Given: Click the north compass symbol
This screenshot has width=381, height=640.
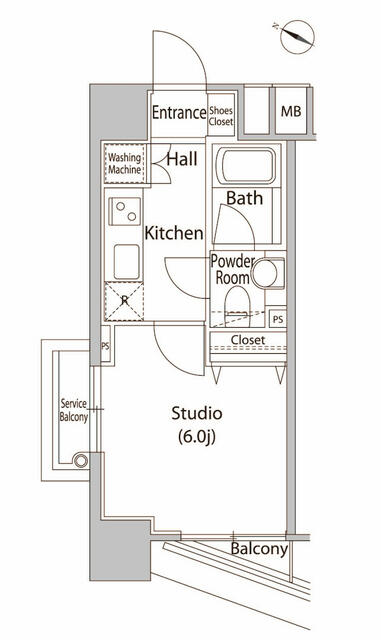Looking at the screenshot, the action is (x=298, y=37).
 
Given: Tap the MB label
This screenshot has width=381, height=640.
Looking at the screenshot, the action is (x=291, y=111).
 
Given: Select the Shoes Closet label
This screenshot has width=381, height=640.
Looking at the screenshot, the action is (x=221, y=116).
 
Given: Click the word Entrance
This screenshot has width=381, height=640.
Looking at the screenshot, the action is (x=179, y=113).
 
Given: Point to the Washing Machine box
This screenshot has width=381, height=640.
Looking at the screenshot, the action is (x=124, y=164).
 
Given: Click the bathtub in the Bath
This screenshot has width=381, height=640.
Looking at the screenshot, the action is (x=246, y=166).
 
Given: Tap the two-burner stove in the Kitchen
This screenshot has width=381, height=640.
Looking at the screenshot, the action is (x=125, y=211).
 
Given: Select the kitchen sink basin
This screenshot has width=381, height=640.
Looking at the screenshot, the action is (x=126, y=262).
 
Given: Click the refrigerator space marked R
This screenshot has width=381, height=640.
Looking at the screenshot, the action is (x=124, y=301).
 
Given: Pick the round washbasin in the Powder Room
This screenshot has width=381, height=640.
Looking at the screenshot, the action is (x=265, y=273).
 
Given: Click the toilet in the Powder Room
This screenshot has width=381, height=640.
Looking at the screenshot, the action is (x=237, y=306).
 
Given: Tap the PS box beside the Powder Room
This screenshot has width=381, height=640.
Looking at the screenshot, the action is (x=278, y=319).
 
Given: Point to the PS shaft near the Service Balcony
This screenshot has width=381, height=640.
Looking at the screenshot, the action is (x=105, y=346).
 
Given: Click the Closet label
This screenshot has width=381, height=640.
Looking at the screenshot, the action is (x=248, y=340).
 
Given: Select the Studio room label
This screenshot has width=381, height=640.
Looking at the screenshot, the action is (x=196, y=413).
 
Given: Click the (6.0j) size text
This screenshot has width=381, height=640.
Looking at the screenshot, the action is (x=196, y=437).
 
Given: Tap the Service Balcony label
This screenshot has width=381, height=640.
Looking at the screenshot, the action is (x=74, y=410).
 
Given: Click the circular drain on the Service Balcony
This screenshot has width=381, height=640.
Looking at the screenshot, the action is (x=80, y=461).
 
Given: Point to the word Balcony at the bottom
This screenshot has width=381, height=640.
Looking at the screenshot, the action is (x=259, y=549).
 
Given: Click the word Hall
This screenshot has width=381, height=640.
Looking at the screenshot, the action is (x=182, y=159).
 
